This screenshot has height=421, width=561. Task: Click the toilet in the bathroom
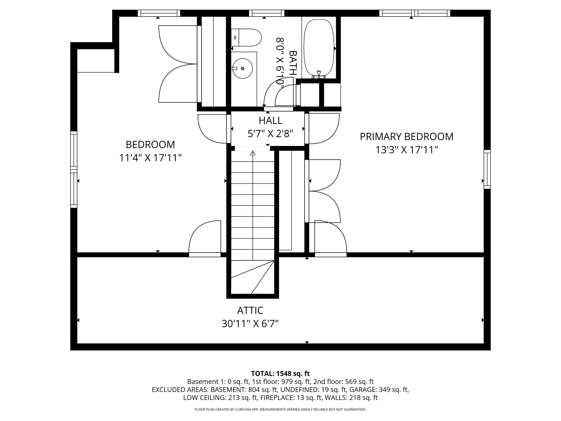click(246, 38)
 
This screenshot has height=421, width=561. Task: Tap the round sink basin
click(243, 68)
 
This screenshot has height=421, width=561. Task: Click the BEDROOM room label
click(150, 145)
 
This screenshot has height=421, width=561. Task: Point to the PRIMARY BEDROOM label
click(407, 137)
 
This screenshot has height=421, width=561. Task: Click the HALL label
click(270, 120)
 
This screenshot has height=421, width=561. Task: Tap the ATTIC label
click(250, 310)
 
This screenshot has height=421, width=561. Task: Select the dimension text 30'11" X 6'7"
click(250, 324)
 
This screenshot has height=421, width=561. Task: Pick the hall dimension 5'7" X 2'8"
click(270, 134)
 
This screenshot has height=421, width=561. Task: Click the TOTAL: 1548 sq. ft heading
click(280, 373)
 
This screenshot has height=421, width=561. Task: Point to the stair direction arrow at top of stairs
click(253, 153)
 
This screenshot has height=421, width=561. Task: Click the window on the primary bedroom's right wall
click(487, 169)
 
